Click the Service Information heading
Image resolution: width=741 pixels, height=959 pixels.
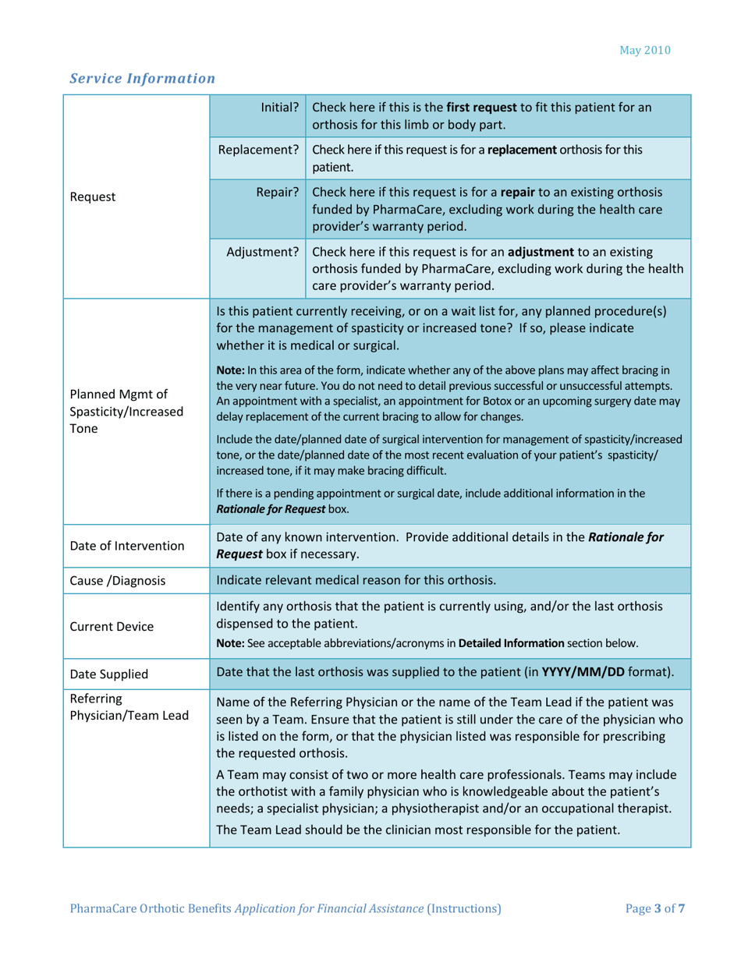pyautogui.click(x=142, y=78)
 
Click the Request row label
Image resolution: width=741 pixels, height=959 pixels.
pyautogui.click(x=93, y=196)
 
